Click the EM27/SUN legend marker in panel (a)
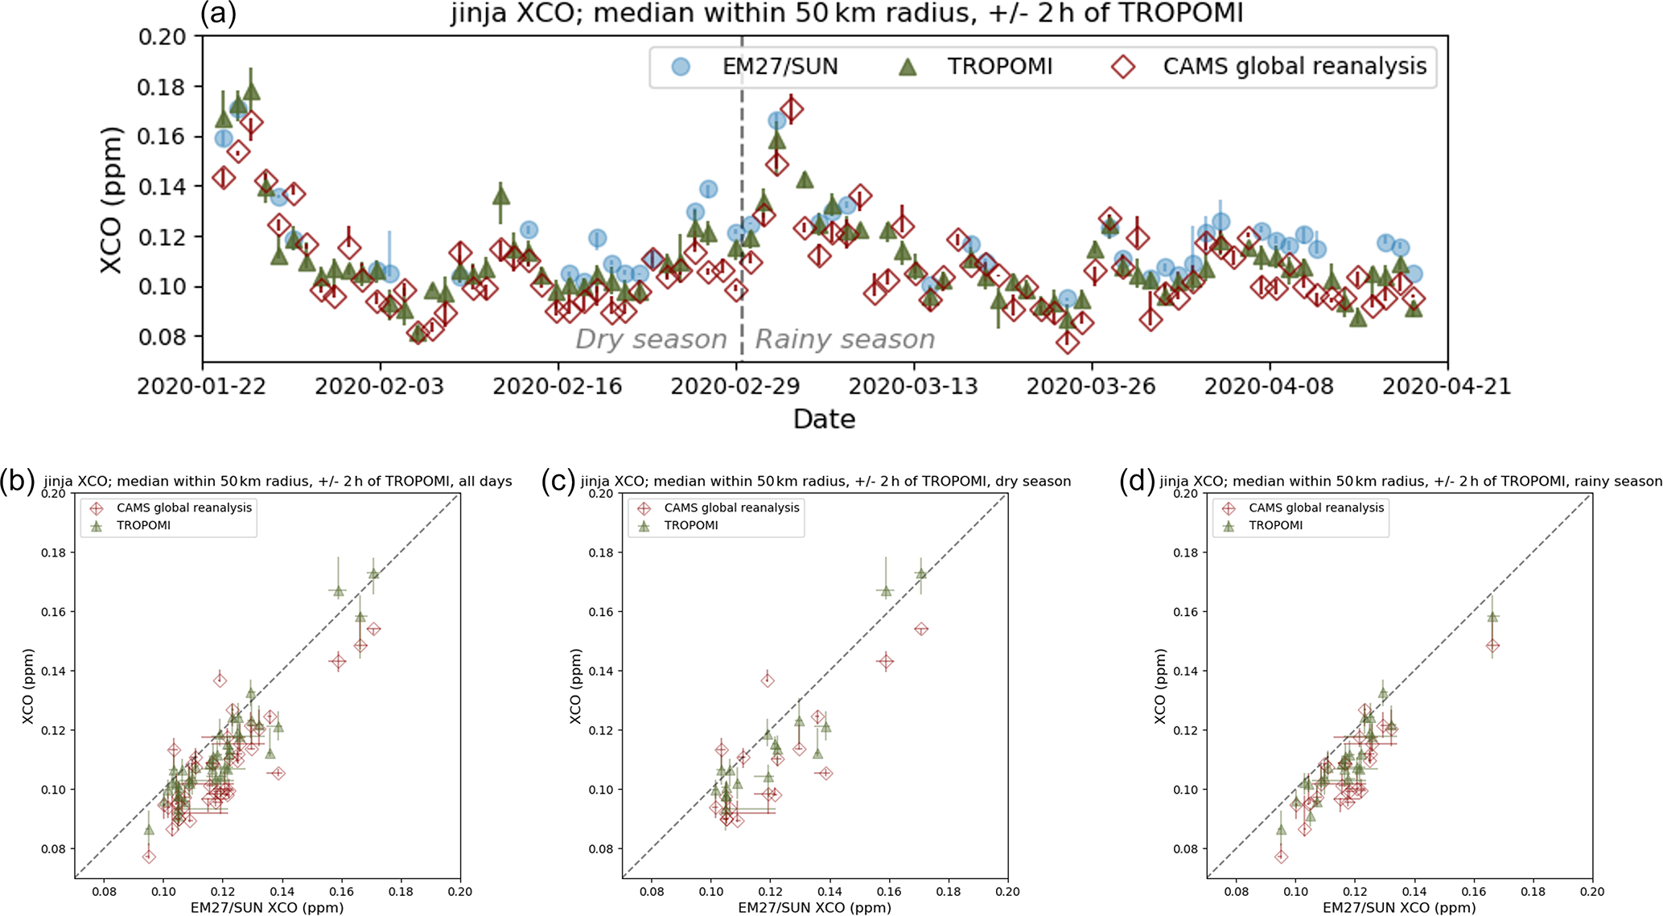(681, 67)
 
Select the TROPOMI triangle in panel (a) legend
(908, 67)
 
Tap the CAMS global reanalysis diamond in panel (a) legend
(1123, 67)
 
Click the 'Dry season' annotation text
(650, 339)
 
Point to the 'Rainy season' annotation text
(845, 339)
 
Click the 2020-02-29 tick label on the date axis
(735, 386)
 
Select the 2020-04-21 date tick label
(1447, 386)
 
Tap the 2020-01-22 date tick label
(202, 386)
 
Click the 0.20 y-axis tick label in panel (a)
(162, 37)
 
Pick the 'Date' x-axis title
(824, 419)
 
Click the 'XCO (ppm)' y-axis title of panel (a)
(112, 199)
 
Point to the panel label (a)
(218, 14)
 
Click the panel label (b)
(18, 480)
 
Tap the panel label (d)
(1137, 480)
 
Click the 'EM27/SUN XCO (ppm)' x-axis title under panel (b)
(267, 907)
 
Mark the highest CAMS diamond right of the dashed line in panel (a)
(792, 109)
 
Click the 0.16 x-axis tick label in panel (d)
(1474, 891)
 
